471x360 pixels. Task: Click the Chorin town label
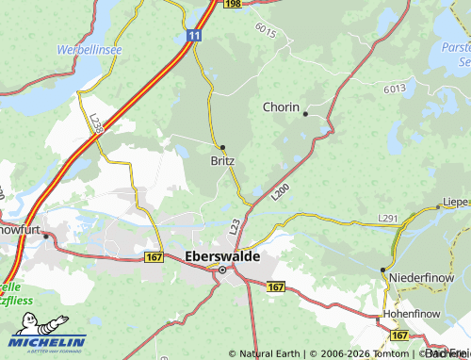pyautogui.click(x=282, y=106)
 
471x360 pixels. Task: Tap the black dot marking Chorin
pyautogui.click(x=305, y=114)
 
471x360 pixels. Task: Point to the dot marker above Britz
pyautogui.click(x=222, y=147)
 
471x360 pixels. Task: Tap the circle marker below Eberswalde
pyautogui.click(x=222, y=270)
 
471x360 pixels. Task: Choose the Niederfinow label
pyautogui.click(x=419, y=276)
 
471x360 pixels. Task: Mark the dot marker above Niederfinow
pyautogui.click(x=383, y=270)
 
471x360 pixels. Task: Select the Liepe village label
pyautogui.click(x=455, y=202)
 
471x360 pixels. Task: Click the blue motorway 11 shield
pyautogui.click(x=194, y=35)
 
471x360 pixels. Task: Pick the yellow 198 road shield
pyautogui.click(x=233, y=5)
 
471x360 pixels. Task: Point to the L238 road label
pyautogui.click(x=96, y=124)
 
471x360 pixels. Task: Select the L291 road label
pyautogui.click(x=388, y=218)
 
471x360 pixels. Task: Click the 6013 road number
pyautogui.click(x=395, y=88)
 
